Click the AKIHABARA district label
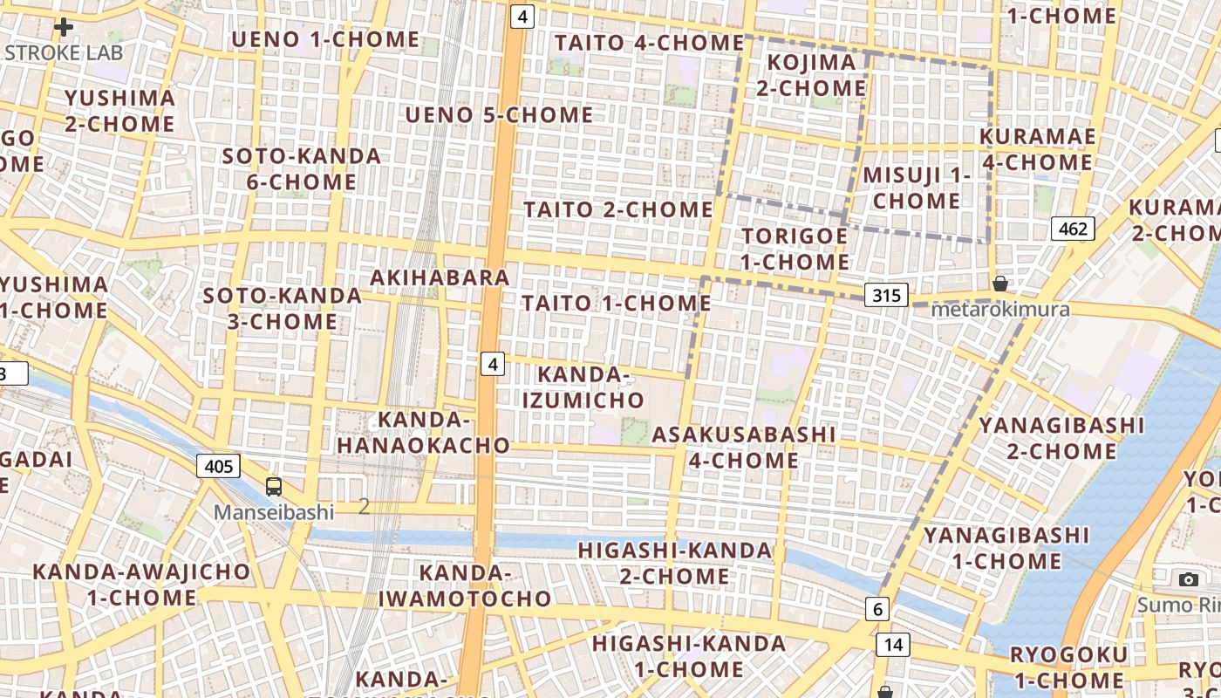coord(440,277)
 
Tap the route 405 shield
coord(218,466)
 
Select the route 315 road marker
coord(886,295)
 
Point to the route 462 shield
coord(1072,229)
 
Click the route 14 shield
coord(892,645)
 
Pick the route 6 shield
coord(877,609)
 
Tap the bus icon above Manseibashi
coord(274,487)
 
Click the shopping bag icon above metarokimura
coord(1000,284)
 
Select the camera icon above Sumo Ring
coord(1188,579)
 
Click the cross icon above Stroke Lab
coord(63,27)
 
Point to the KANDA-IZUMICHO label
coord(583,387)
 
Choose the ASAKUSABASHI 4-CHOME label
coord(744,447)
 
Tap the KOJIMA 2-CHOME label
coord(811,75)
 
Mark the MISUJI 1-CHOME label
coord(917,188)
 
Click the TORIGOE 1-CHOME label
coord(795,249)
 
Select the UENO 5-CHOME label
coord(499,115)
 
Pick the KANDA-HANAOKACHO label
coord(424,433)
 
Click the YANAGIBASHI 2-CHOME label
coord(1061,438)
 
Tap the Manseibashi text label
coord(274,512)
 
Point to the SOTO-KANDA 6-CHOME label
coord(290,169)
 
